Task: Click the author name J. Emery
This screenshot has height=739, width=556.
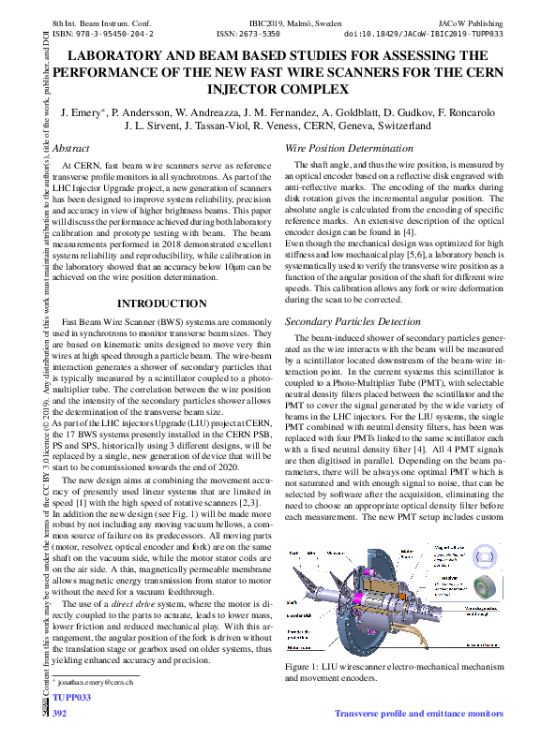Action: pyautogui.click(x=82, y=112)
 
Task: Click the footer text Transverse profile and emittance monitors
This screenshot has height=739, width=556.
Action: pyautogui.click(x=418, y=714)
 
